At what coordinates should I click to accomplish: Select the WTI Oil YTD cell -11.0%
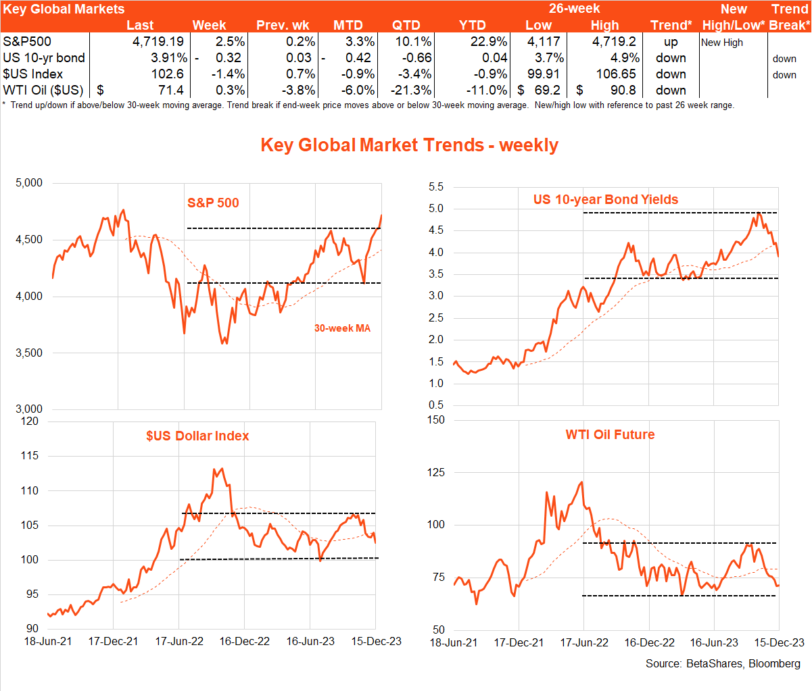click(x=487, y=91)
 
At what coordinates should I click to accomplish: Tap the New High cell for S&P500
click(x=722, y=43)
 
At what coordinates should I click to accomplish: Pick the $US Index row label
click(x=33, y=74)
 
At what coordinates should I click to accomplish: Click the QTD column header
click(x=406, y=26)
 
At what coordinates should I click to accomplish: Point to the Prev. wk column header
click(x=283, y=26)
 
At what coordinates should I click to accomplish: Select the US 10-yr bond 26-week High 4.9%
click(x=625, y=58)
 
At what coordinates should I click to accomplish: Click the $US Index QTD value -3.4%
click(x=414, y=74)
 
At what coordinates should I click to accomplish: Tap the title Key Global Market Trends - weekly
click(x=410, y=145)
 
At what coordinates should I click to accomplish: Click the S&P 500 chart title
click(x=213, y=203)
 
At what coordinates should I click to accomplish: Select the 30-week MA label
click(x=342, y=328)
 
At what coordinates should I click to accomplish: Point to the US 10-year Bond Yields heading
click(x=606, y=199)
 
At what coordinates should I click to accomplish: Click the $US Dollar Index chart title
click(x=197, y=436)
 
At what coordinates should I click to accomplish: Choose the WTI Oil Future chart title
click(x=610, y=434)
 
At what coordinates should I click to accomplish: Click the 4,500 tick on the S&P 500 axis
click(x=29, y=240)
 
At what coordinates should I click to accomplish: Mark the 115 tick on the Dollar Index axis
click(x=30, y=456)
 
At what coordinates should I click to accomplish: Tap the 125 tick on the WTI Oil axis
click(x=436, y=472)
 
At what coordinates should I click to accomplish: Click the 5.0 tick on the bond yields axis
click(x=436, y=209)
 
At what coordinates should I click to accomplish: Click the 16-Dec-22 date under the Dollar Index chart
click(x=245, y=642)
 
